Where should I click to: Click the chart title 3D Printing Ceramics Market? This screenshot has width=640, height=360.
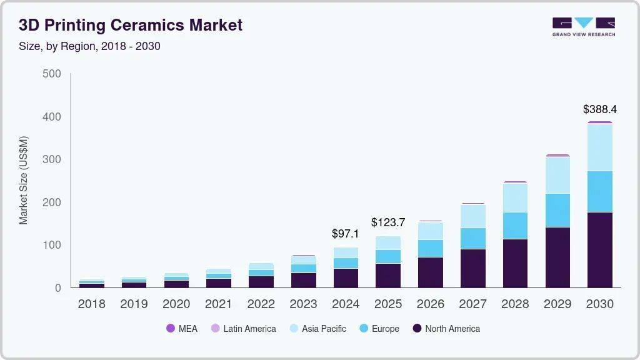click(x=130, y=26)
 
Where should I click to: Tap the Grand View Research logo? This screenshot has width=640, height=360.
click(x=583, y=26)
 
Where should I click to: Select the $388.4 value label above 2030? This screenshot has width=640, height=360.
click(x=599, y=109)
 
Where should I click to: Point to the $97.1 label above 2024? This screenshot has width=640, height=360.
click(x=345, y=234)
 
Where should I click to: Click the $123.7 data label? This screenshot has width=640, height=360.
click(x=388, y=222)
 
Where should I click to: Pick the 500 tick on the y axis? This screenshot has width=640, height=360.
click(x=51, y=74)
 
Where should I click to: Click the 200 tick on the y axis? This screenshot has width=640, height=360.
click(x=51, y=202)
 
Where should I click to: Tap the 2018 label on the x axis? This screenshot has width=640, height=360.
click(x=91, y=304)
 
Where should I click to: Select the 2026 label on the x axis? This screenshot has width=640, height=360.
click(x=430, y=304)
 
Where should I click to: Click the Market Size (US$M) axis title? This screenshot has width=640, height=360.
click(x=24, y=180)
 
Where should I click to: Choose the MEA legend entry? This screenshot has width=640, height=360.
click(x=182, y=329)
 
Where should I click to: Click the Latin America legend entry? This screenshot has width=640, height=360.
click(x=243, y=329)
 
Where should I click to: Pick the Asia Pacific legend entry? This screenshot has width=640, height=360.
click(x=317, y=329)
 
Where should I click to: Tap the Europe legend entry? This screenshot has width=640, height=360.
click(x=379, y=329)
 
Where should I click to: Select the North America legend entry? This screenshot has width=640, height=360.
click(x=446, y=329)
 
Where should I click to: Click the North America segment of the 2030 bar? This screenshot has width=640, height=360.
click(x=599, y=250)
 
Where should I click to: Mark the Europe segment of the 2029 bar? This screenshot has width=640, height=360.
click(x=557, y=211)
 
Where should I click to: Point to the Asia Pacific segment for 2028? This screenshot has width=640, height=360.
click(x=514, y=197)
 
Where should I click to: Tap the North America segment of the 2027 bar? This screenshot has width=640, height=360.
click(x=472, y=268)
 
